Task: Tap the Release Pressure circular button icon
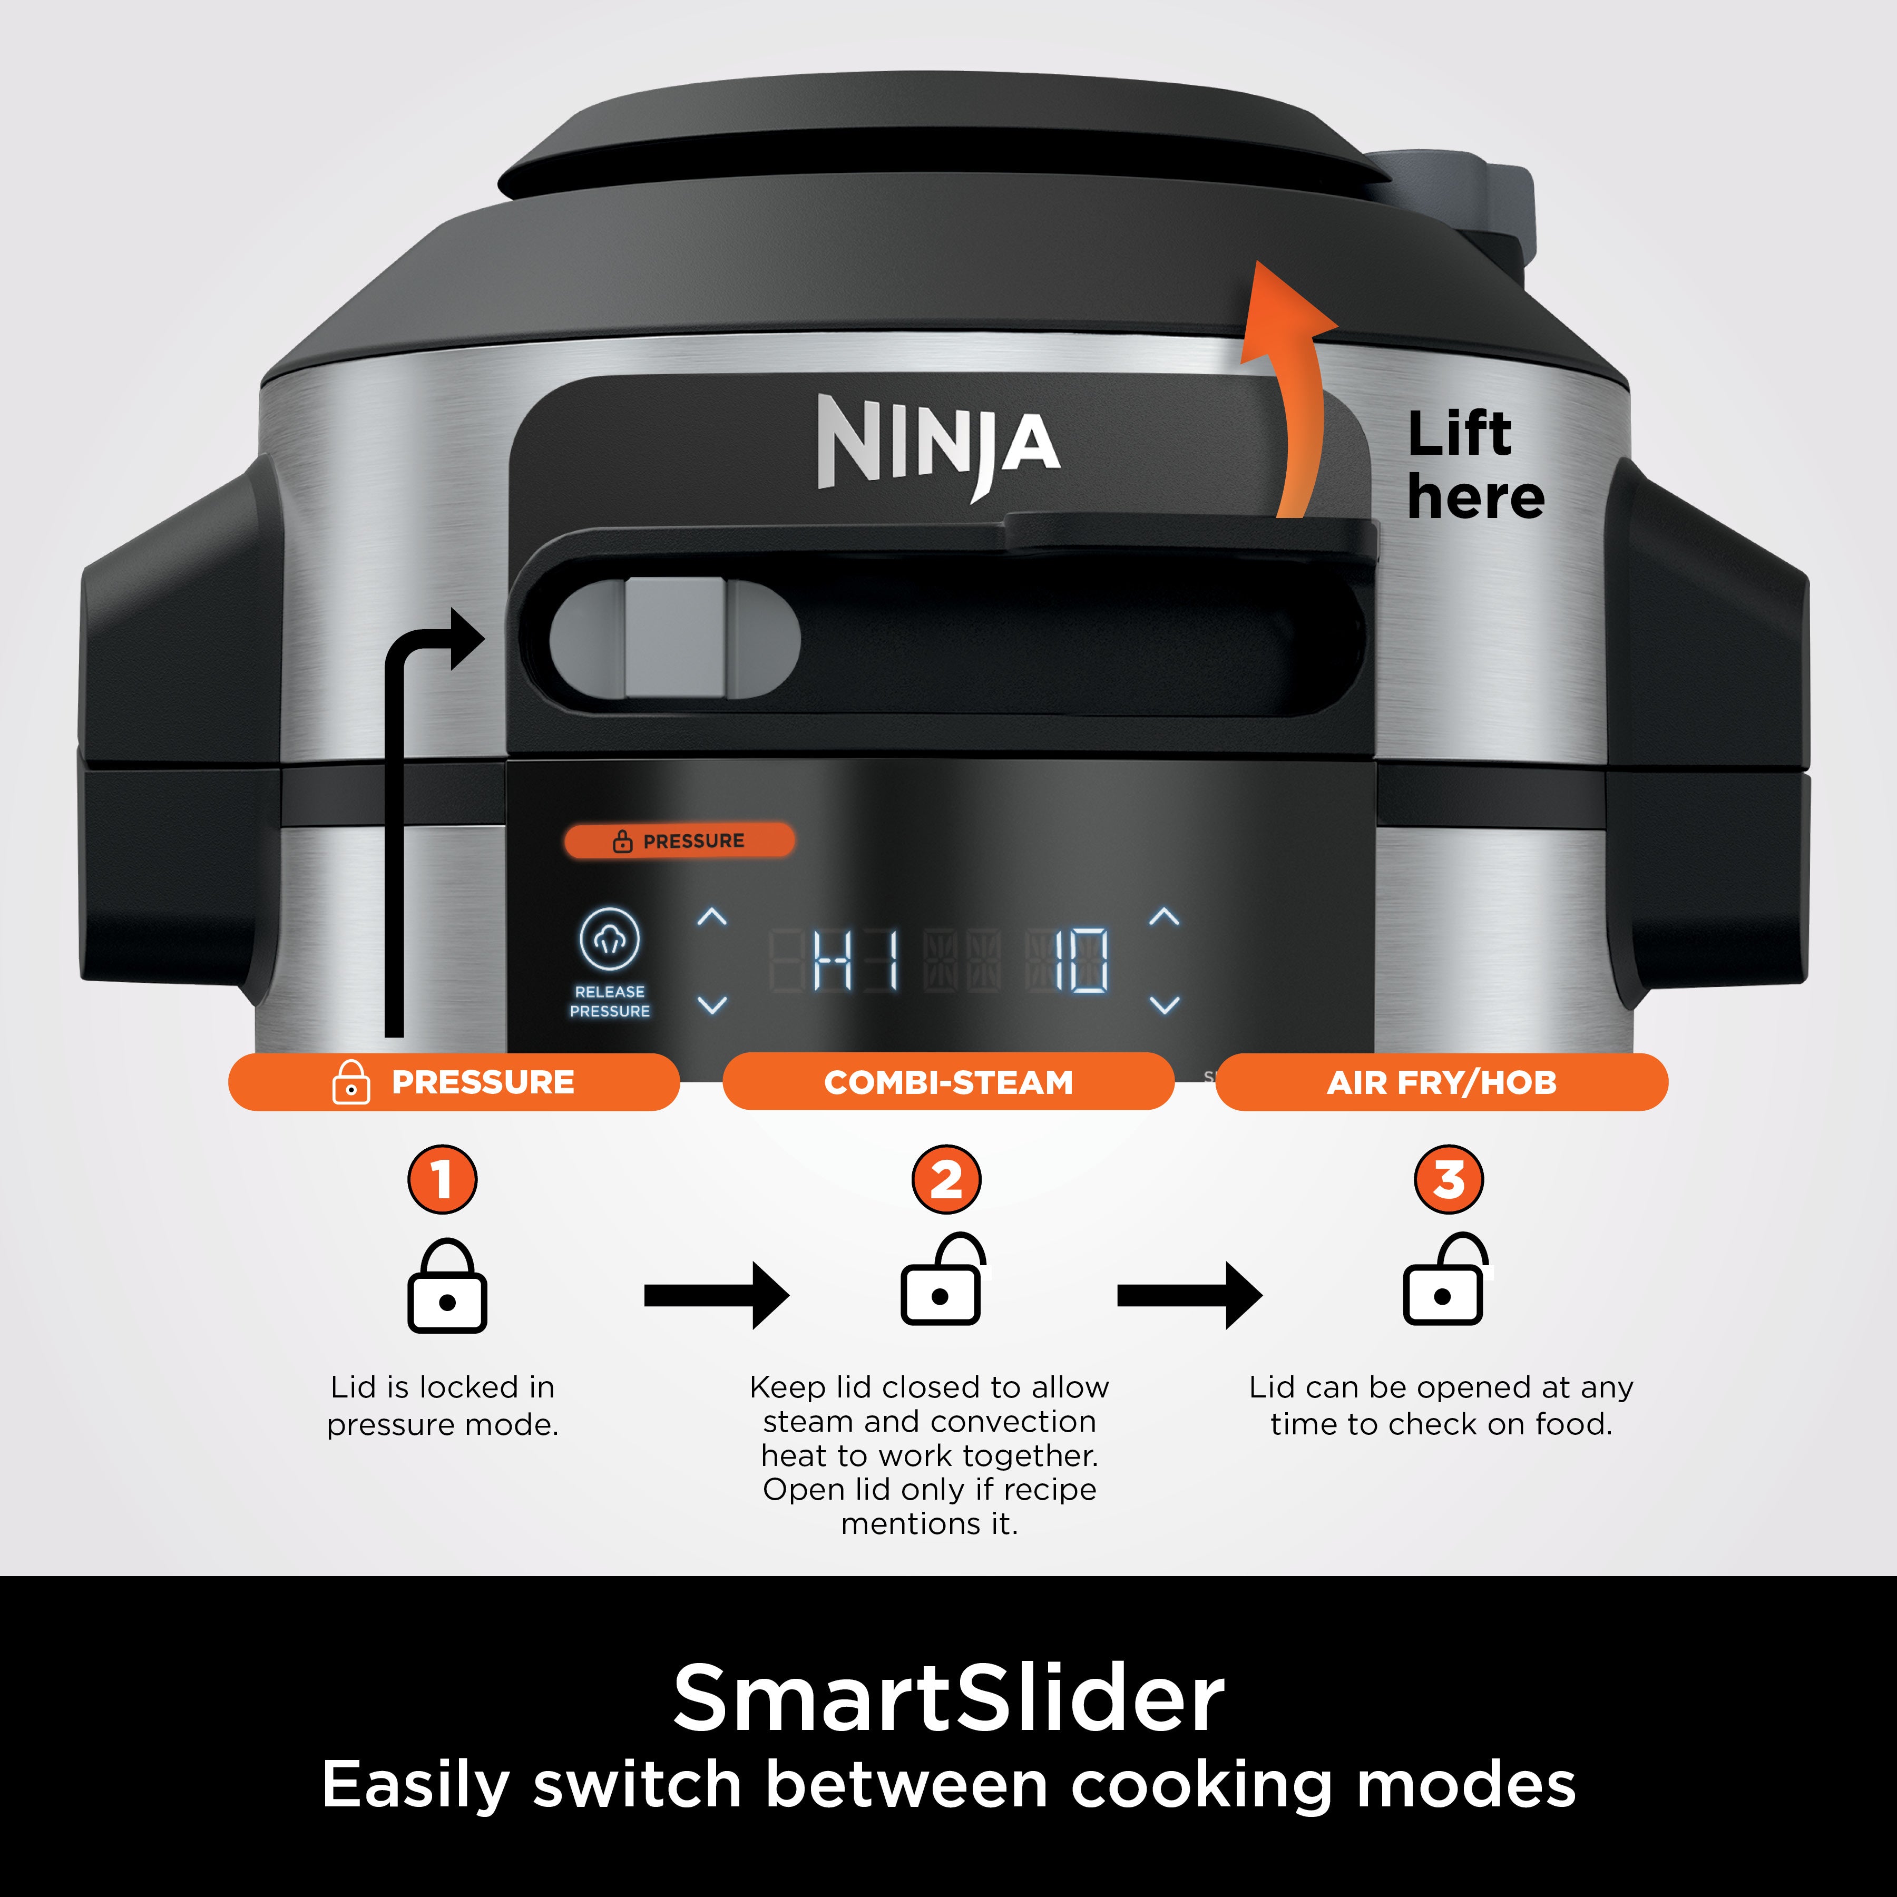[x=610, y=938]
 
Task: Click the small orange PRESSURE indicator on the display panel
[x=679, y=840]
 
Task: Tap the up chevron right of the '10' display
[x=1165, y=917]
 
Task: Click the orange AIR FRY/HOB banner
[x=1441, y=1082]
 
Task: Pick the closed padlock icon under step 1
[x=447, y=1286]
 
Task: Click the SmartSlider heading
[x=948, y=1699]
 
